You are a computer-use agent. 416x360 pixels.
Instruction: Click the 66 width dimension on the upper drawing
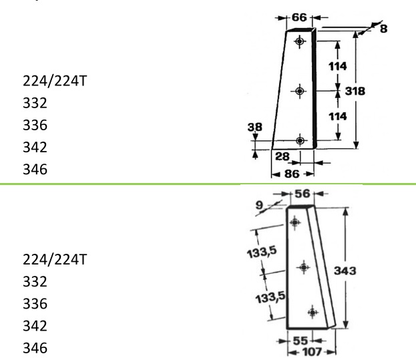(x=299, y=17)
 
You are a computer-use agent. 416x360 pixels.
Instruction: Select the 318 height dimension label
(x=355, y=92)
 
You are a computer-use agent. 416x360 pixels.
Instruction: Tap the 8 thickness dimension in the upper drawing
(x=383, y=29)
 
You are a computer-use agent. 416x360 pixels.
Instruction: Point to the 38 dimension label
(x=254, y=127)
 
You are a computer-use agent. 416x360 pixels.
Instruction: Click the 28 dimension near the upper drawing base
(x=282, y=156)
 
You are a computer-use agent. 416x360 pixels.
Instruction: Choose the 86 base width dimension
(x=292, y=174)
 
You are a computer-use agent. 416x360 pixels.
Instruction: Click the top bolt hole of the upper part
(x=300, y=41)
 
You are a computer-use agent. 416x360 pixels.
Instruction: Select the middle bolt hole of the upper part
(x=300, y=92)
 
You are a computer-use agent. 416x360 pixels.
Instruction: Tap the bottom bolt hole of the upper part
(x=300, y=140)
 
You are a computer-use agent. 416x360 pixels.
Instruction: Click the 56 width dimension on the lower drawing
(x=302, y=194)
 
